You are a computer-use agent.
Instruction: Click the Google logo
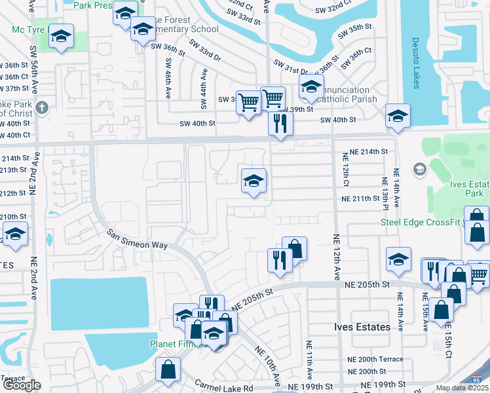(x=22, y=385)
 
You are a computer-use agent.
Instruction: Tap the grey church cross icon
(x=43, y=107)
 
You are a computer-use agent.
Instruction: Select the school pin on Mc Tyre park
(x=61, y=37)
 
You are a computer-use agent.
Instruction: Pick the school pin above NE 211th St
(x=254, y=181)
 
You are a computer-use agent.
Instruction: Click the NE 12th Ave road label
(x=335, y=259)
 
